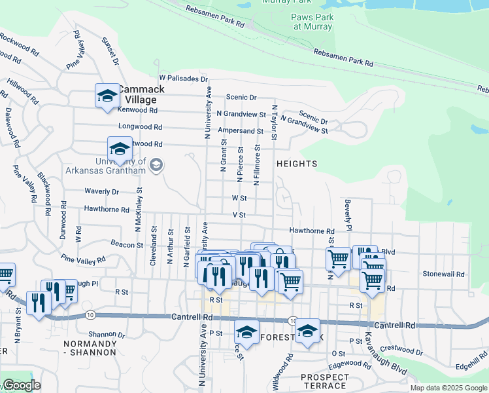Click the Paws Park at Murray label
pos(314,22)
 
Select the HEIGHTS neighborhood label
pos(297,164)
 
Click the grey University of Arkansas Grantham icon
pos(156,165)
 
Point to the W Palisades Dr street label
pos(183,79)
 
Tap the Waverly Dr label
pos(101,192)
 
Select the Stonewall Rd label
pos(444,274)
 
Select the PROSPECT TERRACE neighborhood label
pos(325,381)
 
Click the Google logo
pos(21,385)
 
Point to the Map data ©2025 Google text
pos(448,388)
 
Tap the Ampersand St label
pos(241,131)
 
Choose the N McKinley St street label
pos(139,210)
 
